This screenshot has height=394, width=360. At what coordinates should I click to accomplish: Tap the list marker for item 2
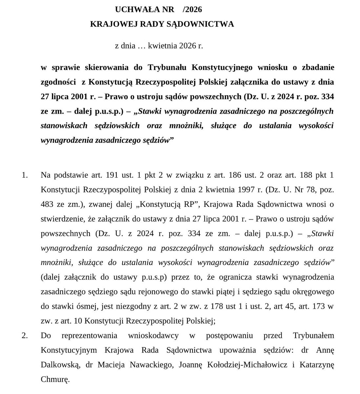pyautogui.click(x=25, y=335)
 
